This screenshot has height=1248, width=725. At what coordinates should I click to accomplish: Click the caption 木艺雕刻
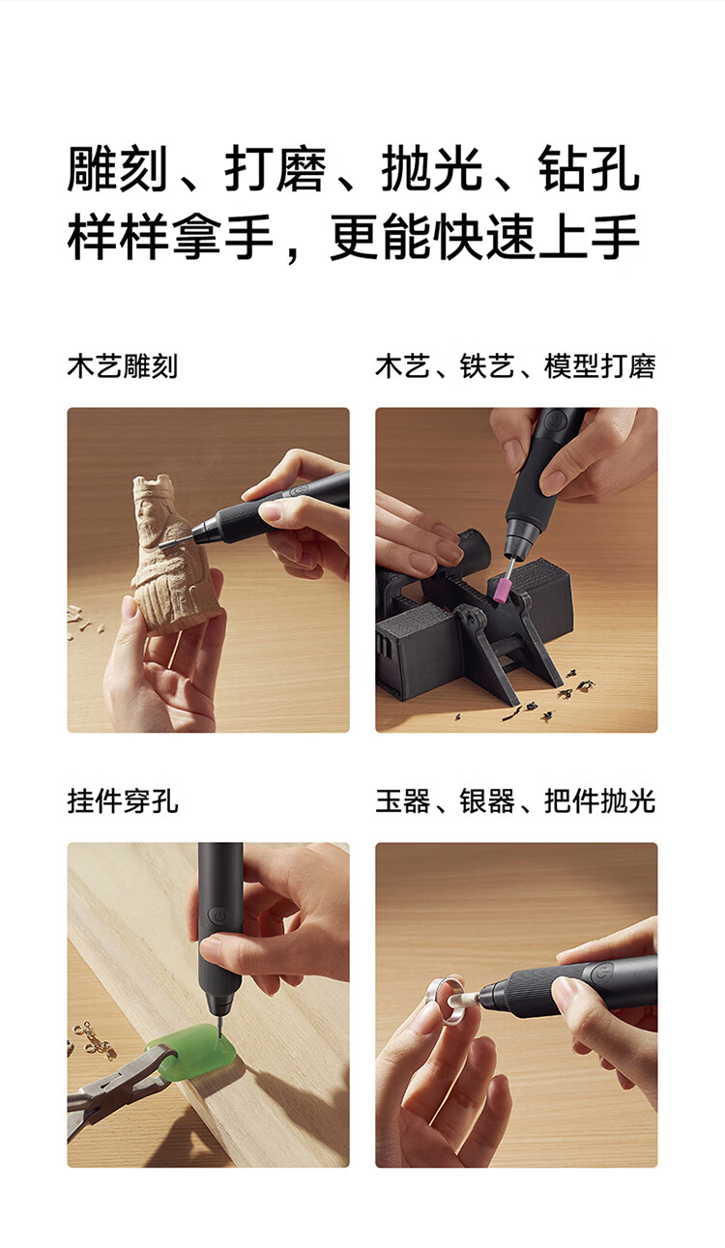pos(123,366)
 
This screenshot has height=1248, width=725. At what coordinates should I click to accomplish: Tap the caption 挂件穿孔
pos(123,801)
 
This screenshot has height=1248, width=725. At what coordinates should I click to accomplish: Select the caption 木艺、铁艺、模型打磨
pos(515,366)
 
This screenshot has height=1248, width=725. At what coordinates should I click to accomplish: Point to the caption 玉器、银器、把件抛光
pos(515,801)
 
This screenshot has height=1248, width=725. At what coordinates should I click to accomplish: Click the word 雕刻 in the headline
pos(117,169)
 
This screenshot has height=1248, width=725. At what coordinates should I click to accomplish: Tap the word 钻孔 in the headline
pos(589,169)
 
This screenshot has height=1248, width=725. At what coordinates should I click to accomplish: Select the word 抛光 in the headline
pos(432,169)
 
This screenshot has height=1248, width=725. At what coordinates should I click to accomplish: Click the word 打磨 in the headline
pos(275,169)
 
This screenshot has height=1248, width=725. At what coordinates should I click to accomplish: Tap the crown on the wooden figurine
pos(151,486)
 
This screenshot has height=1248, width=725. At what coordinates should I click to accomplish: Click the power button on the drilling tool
pos(217,916)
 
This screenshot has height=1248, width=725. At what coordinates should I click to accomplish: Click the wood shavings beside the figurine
pos(82,623)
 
